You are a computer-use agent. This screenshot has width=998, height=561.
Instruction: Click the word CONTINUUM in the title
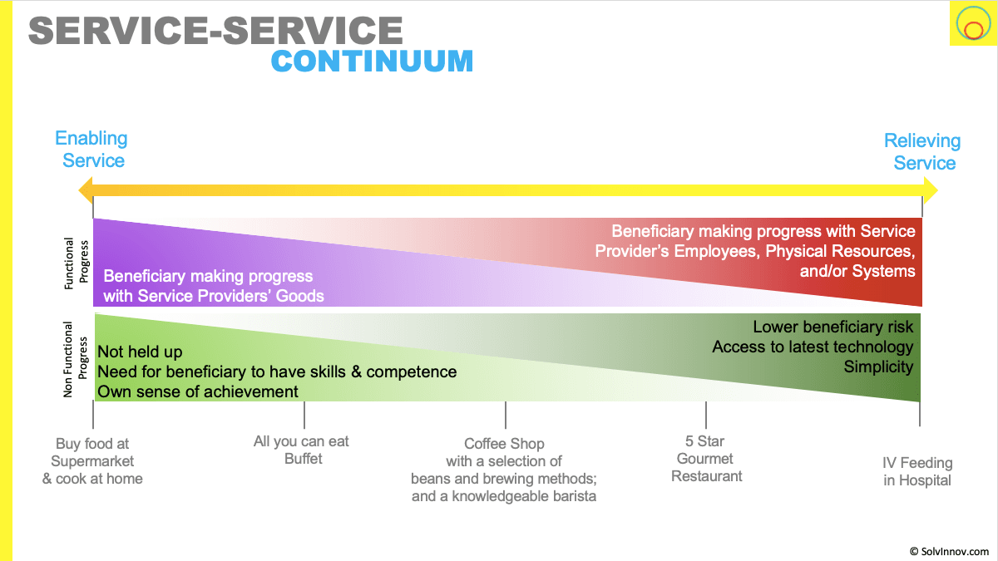point(372,62)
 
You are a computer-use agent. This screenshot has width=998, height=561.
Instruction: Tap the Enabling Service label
point(91,150)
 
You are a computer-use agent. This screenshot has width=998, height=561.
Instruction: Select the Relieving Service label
point(923,152)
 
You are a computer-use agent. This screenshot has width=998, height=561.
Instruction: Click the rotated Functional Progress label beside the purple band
point(75,263)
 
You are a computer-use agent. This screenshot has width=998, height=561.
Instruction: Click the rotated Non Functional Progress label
point(75,358)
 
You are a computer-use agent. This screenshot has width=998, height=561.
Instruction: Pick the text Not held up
point(140,352)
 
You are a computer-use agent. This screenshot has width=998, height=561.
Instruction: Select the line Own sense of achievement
point(198,391)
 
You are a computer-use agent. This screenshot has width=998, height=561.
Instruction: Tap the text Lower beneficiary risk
point(832,327)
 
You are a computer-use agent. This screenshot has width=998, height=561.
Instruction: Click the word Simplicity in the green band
point(878,367)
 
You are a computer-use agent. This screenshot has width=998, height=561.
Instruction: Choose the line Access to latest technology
point(813,347)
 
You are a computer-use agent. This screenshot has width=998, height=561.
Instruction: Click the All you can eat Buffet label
point(302,450)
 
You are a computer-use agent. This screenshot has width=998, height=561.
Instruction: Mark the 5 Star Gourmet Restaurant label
point(707,459)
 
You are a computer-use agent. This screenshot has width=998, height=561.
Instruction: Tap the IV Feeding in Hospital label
point(917,471)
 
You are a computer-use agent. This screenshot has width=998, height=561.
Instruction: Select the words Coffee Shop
point(504,444)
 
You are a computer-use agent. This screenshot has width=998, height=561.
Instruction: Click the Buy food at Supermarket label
point(92,461)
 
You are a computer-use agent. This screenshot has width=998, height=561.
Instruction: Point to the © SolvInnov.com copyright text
point(949,550)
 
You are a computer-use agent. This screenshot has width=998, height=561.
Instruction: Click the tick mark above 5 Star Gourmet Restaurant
point(706,413)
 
